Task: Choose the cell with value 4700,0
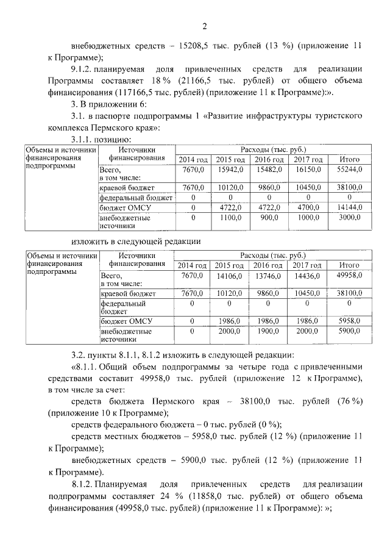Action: [308, 207]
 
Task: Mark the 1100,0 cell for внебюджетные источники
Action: [230, 217]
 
